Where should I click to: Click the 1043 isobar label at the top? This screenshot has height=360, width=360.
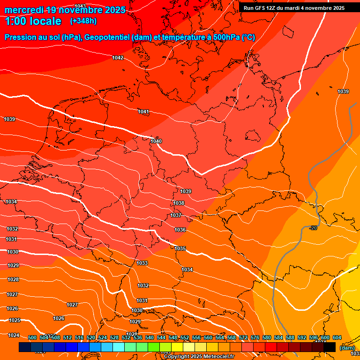click(80, 6)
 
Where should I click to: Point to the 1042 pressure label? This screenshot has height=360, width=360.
click(118, 58)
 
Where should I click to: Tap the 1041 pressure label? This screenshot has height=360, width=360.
click(143, 112)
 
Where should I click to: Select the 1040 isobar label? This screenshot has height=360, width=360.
click(156, 141)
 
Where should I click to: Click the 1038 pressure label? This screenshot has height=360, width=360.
click(179, 203)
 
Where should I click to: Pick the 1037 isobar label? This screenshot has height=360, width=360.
click(176, 215)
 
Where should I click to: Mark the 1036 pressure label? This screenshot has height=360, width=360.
click(180, 230)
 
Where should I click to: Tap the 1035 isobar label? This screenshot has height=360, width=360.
click(180, 248)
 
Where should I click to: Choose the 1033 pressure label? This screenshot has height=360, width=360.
click(142, 263)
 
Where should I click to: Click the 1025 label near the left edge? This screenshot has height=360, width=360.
click(15, 320)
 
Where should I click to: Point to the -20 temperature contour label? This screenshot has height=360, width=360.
click(313, 228)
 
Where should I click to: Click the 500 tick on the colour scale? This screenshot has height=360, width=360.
click(32, 337)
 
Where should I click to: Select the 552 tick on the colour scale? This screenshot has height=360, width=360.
click(185, 337)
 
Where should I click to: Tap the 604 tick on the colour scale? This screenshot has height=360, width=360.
click(337, 337)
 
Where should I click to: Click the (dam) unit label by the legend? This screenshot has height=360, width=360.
click(347, 348)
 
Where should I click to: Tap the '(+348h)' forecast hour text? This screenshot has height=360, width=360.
click(83, 21)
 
